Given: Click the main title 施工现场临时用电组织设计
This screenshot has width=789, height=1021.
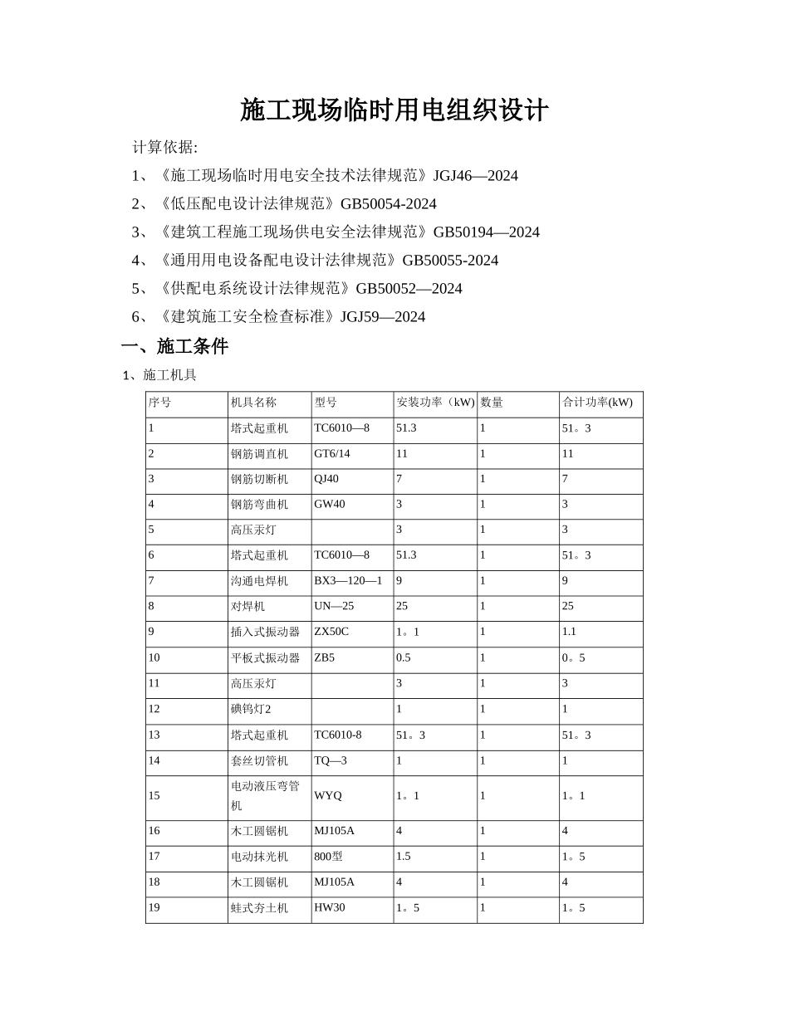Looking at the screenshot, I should pos(394,110).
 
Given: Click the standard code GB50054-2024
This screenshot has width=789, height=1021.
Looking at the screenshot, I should pos(388,204).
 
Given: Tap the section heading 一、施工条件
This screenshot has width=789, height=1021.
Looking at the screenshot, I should pos(174,347).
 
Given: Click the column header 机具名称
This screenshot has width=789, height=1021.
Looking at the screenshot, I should pos(253,403).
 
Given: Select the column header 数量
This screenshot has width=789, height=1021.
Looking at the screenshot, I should pos(492,403).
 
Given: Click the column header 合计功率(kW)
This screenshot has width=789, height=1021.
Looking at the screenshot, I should pos(597,403).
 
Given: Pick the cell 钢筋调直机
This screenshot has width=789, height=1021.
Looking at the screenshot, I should pos(259,454).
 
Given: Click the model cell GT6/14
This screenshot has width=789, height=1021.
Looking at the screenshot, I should pos(332,454).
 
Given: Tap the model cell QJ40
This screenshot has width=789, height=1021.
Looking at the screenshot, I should pos(326,479).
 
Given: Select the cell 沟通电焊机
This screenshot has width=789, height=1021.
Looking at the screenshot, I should pos(259,581).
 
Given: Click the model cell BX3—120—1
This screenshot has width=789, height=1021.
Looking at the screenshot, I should pos(348,581).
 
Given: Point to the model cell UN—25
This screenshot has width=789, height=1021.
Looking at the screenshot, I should pos(334,607).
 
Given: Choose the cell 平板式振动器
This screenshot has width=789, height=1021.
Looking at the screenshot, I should pos(265,658).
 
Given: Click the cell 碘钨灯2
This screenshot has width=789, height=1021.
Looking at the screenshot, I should pos(251,709).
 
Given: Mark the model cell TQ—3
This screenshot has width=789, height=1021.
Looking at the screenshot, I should pos(331,760).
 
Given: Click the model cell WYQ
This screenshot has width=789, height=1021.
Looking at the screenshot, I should pos(328,795).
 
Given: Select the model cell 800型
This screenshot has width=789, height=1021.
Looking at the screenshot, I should pos(329,857).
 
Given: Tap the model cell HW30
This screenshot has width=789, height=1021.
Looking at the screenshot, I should pos(330,908).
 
